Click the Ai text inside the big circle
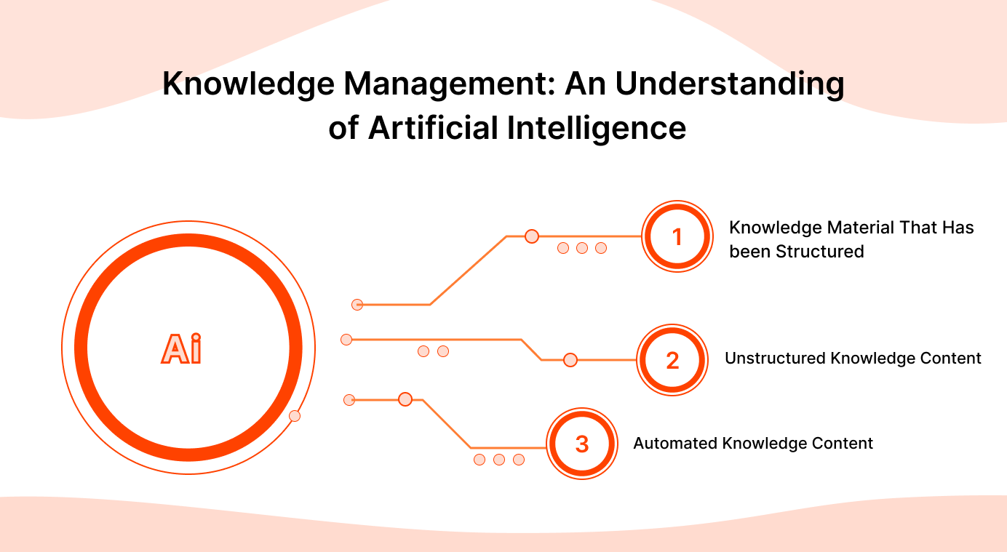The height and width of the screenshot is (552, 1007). tap(181, 348)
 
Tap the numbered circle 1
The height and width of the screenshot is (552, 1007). tap(677, 237)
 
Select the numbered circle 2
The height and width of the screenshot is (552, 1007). tap(672, 360)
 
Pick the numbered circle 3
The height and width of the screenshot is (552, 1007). tap(582, 444)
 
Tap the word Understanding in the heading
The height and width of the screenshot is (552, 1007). tap(730, 84)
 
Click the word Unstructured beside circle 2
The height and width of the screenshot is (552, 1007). tap(775, 359)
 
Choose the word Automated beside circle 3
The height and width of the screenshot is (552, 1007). tap(674, 444)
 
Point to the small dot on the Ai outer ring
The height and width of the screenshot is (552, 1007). tap(295, 416)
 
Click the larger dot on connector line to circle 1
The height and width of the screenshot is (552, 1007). tap(532, 236)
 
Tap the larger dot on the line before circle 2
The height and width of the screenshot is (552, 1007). tap(570, 360)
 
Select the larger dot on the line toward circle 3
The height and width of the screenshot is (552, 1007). tap(405, 399)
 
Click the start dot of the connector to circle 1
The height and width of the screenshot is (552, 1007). tap(357, 305)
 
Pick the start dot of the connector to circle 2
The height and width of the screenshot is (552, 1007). tap(346, 340)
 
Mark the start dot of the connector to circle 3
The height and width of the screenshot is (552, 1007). tap(349, 399)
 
